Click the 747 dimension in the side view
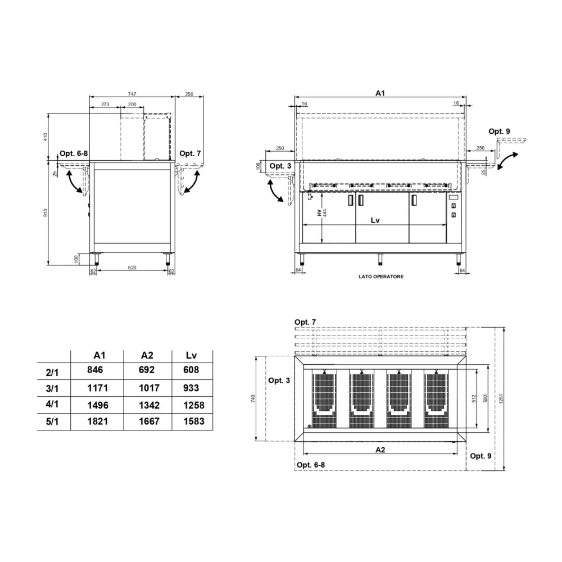point(132,94)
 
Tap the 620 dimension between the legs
point(132,268)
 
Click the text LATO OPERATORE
point(381,277)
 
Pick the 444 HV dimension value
point(325,214)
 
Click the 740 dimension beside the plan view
point(254,398)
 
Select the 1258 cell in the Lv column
point(194,405)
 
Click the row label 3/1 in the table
point(52,388)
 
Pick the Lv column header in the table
point(191,355)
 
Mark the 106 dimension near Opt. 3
point(259,166)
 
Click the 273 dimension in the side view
point(105,105)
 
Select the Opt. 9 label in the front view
point(499,131)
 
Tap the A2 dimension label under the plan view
point(380,450)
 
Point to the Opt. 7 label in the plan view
point(305,322)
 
